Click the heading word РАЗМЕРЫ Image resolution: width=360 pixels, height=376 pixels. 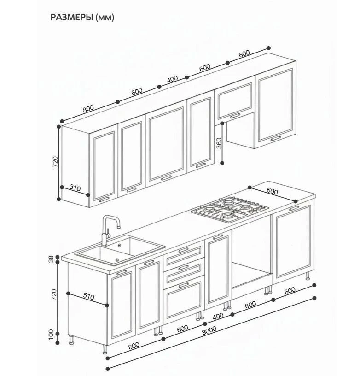pos(72,18)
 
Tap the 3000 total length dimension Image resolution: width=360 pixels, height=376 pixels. pos(209,330)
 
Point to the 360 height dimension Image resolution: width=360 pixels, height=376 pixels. pos(219,143)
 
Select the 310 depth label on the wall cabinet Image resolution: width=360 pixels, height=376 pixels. pos(75,187)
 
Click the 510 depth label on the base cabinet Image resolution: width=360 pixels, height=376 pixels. pos(89,297)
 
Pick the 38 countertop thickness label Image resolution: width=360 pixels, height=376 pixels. pos(51,259)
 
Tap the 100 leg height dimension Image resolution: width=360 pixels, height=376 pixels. pos(51,334)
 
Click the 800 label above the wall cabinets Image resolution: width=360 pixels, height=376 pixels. pos(88,109)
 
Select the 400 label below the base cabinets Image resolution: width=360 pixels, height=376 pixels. pos(218,317)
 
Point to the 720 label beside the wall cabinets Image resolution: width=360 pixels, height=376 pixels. pos(55,162)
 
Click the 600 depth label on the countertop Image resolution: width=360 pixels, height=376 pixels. pos(272,191)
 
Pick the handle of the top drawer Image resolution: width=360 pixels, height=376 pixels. pos(184,250)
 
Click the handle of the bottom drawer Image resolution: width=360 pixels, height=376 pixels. pos(184,285)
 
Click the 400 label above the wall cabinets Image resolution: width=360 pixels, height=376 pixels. pos(173,79)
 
